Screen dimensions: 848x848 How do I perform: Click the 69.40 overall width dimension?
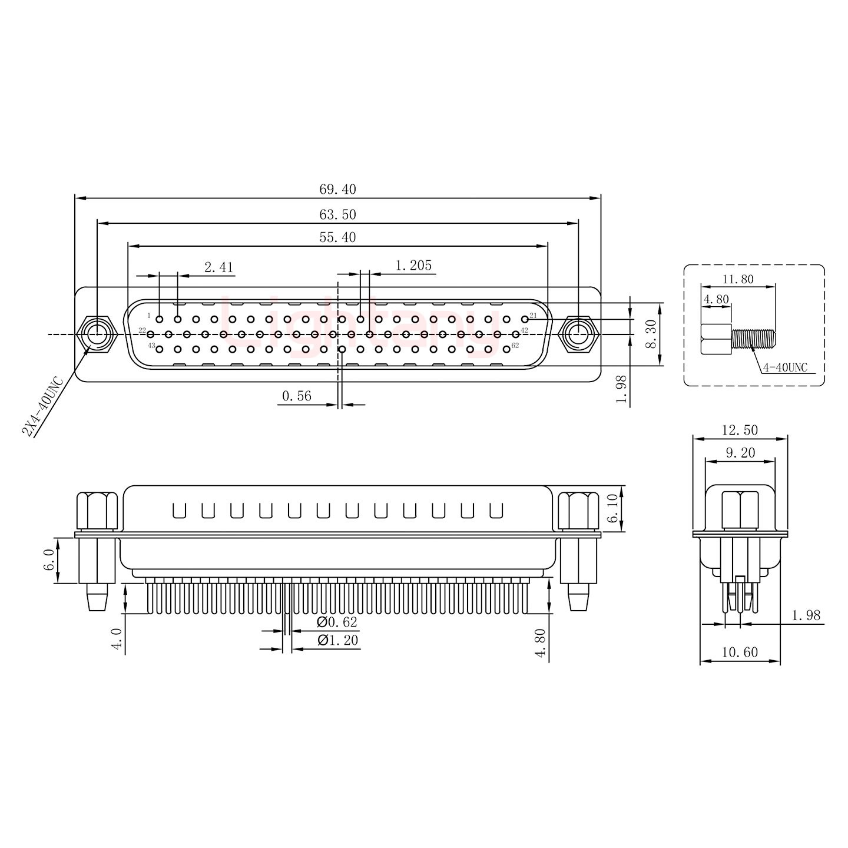pyautogui.click(x=337, y=189)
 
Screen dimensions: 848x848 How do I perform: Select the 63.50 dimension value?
pyautogui.click(x=337, y=214)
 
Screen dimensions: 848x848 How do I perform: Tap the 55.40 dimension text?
pyautogui.click(x=337, y=237)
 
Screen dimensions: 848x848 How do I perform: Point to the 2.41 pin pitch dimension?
pyautogui.click(x=218, y=267)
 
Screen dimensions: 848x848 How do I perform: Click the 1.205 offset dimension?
pyautogui.click(x=413, y=266)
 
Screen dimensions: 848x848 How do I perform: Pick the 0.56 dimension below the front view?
pyautogui.click(x=296, y=396)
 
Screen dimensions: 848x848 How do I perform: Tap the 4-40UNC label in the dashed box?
pyautogui.click(x=785, y=368)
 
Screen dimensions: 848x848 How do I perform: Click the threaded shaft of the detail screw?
pyautogui.click(x=753, y=339)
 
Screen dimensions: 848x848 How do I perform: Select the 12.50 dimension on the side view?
pyautogui.click(x=740, y=430)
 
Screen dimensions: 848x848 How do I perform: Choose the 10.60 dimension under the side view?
pyautogui.click(x=740, y=652)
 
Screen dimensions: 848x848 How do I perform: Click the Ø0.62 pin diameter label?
pyautogui.click(x=337, y=622)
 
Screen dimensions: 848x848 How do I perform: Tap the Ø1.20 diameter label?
pyautogui.click(x=337, y=641)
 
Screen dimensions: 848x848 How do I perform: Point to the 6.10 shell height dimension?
pyautogui.click(x=612, y=509)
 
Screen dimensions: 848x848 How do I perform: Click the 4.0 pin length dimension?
pyautogui.click(x=117, y=639)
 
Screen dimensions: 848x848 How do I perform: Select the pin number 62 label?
pyautogui.click(x=515, y=346)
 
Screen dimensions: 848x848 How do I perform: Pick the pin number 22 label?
pyautogui.click(x=142, y=330)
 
